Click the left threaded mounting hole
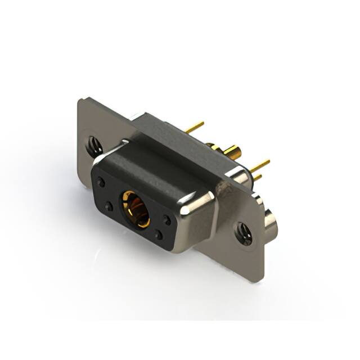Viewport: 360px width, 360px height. coord(94,147)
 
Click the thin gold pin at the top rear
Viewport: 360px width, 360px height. coord(195,128)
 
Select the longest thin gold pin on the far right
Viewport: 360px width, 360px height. coord(259,165)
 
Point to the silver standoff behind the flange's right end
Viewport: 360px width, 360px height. coord(271,222)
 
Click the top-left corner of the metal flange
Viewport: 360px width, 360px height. coord(79,100)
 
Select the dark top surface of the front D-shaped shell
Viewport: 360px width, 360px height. coord(152,169)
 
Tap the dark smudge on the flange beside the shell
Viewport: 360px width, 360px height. coord(227,191)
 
